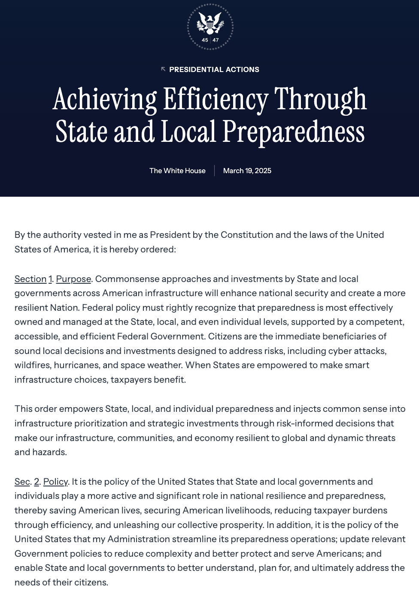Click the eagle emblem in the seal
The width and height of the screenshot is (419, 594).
(210, 23)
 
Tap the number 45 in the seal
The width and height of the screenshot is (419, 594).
(205, 40)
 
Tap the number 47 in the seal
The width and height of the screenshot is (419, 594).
(216, 40)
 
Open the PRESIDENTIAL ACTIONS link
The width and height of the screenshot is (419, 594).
(214, 69)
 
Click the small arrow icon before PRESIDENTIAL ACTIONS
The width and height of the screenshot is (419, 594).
(163, 69)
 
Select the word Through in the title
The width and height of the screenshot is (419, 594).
(320, 99)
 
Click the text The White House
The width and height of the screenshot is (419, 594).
(177, 171)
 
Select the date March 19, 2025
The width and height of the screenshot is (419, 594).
(247, 171)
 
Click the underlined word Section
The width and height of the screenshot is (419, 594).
(30, 279)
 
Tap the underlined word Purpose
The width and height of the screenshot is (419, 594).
(73, 279)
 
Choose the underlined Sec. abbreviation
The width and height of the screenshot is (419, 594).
(22, 482)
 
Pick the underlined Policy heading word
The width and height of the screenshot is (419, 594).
(55, 482)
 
